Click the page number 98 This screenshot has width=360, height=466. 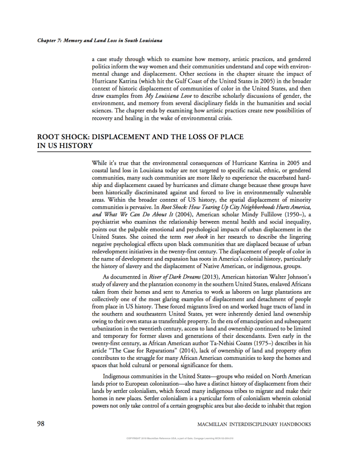41,424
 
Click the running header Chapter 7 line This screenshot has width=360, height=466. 100,39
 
